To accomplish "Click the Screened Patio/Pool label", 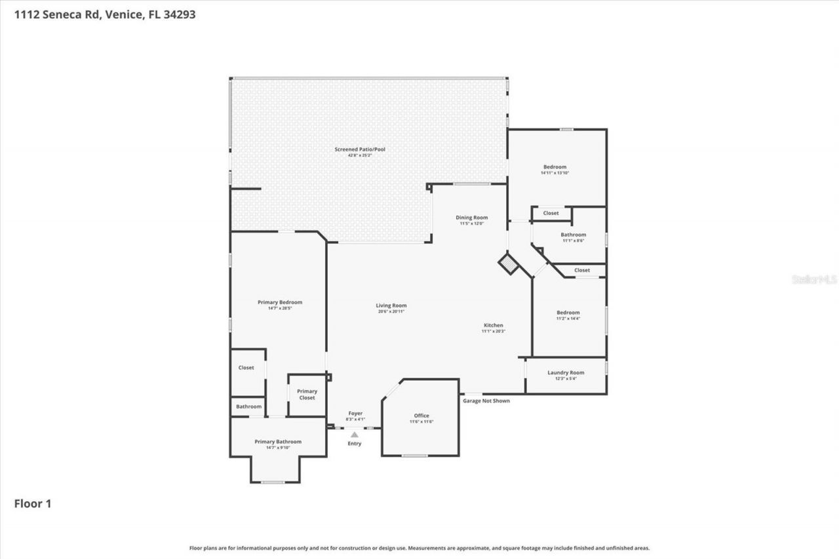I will point(360,150).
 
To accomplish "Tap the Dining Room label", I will point(471,218).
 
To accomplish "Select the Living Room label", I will point(391,306).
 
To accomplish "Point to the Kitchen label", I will point(493,326).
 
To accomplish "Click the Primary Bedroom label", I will point(280,303).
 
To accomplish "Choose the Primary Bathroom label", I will point(278,442).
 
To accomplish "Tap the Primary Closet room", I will point(307,395).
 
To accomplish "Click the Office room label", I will point(421,416).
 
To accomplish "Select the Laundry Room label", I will point(566,373).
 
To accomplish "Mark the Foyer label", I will point(355,414).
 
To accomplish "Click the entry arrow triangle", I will point(355,434).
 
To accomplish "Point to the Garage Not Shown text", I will point(486,400).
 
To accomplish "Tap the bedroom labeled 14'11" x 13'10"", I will point(554,168).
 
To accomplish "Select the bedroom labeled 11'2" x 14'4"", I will point(568,313).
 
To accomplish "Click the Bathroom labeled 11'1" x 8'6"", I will point(573,235).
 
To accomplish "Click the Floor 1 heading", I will point(33,503).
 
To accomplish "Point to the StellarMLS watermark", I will point(815,279).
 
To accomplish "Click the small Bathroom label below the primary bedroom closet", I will point(248,406).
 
